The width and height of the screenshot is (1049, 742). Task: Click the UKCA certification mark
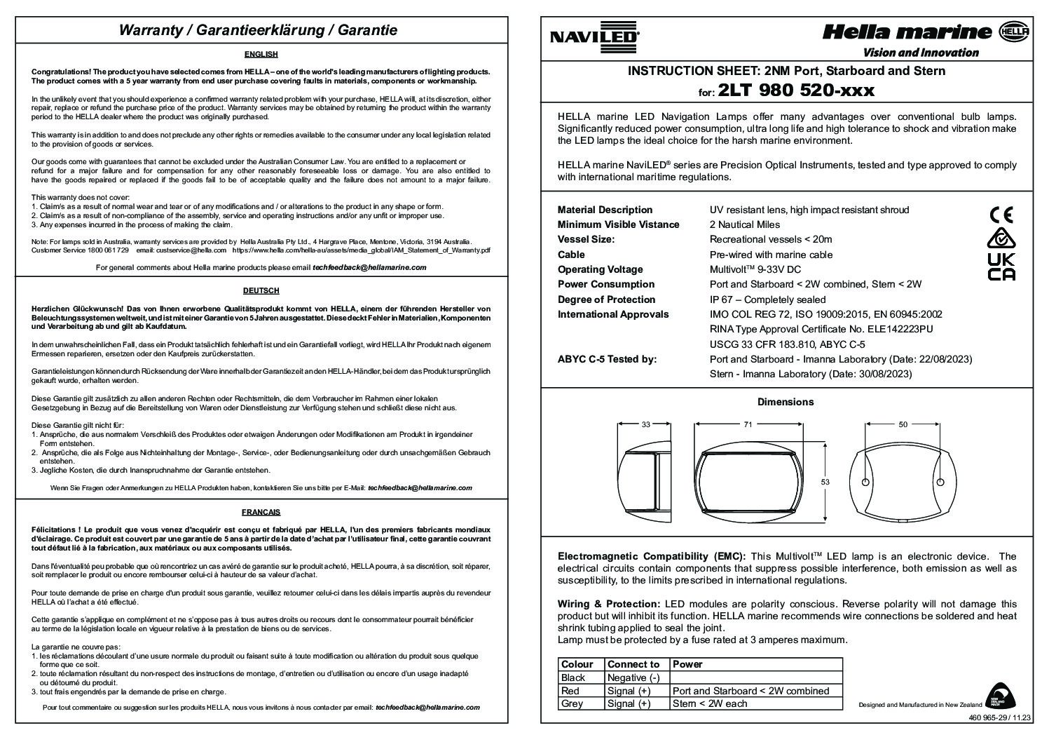pos(1001,266)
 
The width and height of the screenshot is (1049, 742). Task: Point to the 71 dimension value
pos(748,424)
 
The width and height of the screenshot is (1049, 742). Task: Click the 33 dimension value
pos(645,424)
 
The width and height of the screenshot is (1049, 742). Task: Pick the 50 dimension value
pos(903,424)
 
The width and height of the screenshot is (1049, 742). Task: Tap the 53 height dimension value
pos(825,482)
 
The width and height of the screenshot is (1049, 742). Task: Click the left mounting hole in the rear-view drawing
pos(865,483)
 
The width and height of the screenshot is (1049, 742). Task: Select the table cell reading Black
pos(573,677)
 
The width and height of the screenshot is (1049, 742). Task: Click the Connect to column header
pos(633,664)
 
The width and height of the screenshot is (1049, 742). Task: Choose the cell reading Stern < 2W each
pos(710,703)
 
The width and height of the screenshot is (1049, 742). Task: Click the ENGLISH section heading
pos(261,54)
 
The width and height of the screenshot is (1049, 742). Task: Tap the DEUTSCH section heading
pos(261,290)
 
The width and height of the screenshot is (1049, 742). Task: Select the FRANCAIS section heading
pos(261,512)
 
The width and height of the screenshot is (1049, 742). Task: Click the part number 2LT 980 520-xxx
pos(796,91)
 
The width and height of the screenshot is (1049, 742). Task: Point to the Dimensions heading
pos(786,402)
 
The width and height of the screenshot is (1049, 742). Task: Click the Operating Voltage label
pos(600,269)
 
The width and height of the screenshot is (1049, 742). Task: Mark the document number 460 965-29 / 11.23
pos(1001,717)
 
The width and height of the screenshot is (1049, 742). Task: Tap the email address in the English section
pos(369,267)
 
